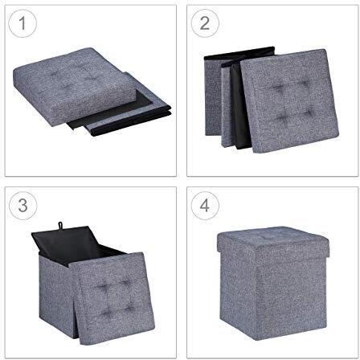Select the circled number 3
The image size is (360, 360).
[24, 206]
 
